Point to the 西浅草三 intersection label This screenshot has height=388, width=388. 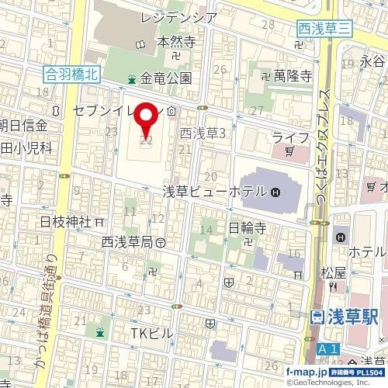point(326,28)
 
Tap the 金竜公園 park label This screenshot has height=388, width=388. point(165,78)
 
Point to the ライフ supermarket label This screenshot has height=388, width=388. point(290,137)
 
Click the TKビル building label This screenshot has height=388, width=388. point(153,332)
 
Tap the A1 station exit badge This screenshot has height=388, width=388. point(327,351)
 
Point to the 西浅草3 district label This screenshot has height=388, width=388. point(202,133)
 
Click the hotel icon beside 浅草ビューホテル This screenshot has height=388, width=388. point(277,192)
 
